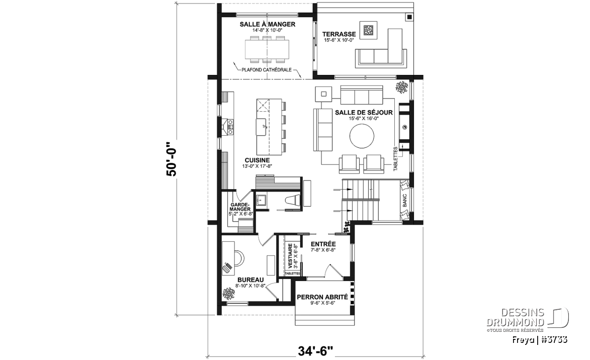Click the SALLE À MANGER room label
268,25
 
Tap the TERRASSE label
339,34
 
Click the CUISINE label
257,160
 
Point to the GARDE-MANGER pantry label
240,207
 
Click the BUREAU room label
250,280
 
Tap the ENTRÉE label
323,244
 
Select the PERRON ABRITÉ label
322,297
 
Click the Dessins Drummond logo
528,319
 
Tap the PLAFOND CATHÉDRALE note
267,69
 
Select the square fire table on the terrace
368,31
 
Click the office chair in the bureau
238,257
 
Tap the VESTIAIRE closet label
290,256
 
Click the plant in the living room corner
401,87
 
